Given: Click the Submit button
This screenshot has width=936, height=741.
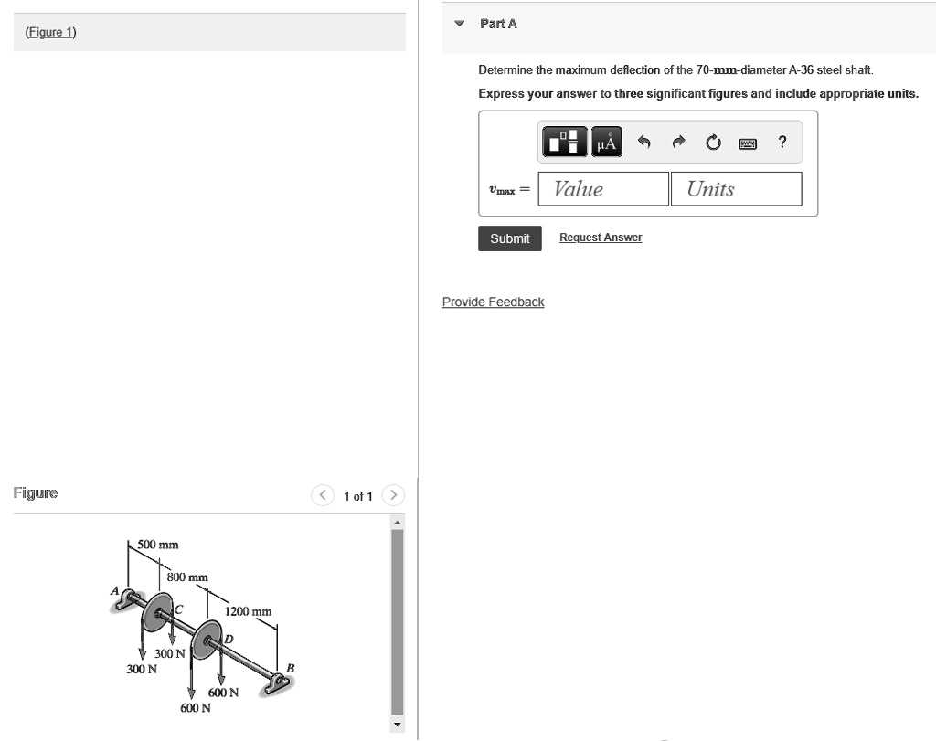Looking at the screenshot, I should tap(509, 238).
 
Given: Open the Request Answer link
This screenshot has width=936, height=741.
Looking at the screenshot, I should tap(601, 238).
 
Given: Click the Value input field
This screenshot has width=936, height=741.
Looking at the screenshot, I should tap(603, 189).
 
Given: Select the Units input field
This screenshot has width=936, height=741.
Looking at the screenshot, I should tap(736, 189).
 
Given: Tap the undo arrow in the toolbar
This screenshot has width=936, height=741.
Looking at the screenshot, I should tap(643, 143).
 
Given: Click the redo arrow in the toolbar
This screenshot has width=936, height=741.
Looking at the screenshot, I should tap(678, 143).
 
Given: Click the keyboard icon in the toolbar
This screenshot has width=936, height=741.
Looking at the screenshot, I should tap(747, 143).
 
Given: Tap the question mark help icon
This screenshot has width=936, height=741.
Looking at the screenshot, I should tap(782, 142).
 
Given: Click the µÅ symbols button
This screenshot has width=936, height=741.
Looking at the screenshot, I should tap(606, 143).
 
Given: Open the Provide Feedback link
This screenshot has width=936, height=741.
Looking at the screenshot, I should tap(493, 302).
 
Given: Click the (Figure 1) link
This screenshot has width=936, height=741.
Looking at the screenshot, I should tap(51, 33).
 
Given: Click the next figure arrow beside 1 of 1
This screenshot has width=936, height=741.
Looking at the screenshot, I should tap(392, 495).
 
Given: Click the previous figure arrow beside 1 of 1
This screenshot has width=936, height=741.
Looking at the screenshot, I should tap(324, 495).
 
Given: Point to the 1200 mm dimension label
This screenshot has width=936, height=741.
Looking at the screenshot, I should tap(248, 611).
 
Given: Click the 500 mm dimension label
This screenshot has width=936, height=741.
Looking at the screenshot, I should tap(158, 545).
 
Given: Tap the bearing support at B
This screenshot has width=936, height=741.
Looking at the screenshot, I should tap(274, 683).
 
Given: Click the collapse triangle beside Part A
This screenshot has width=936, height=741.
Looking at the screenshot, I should tap(460, 24).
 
